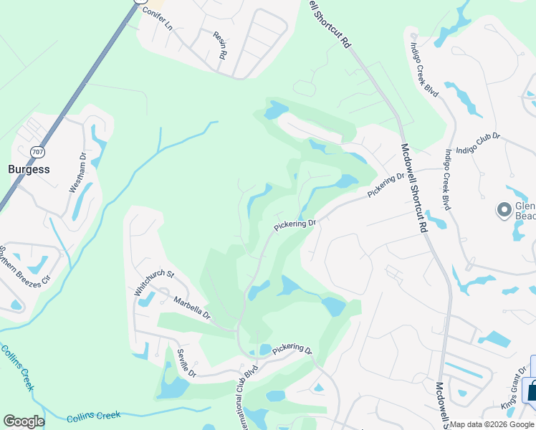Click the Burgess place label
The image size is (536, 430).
point(29,170)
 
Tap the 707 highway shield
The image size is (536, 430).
point(37,152)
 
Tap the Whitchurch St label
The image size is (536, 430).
point(154,283)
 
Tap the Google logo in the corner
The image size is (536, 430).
point(24,421)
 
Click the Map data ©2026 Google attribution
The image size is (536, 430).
point(492,424)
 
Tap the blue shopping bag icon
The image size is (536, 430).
point(532,391)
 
